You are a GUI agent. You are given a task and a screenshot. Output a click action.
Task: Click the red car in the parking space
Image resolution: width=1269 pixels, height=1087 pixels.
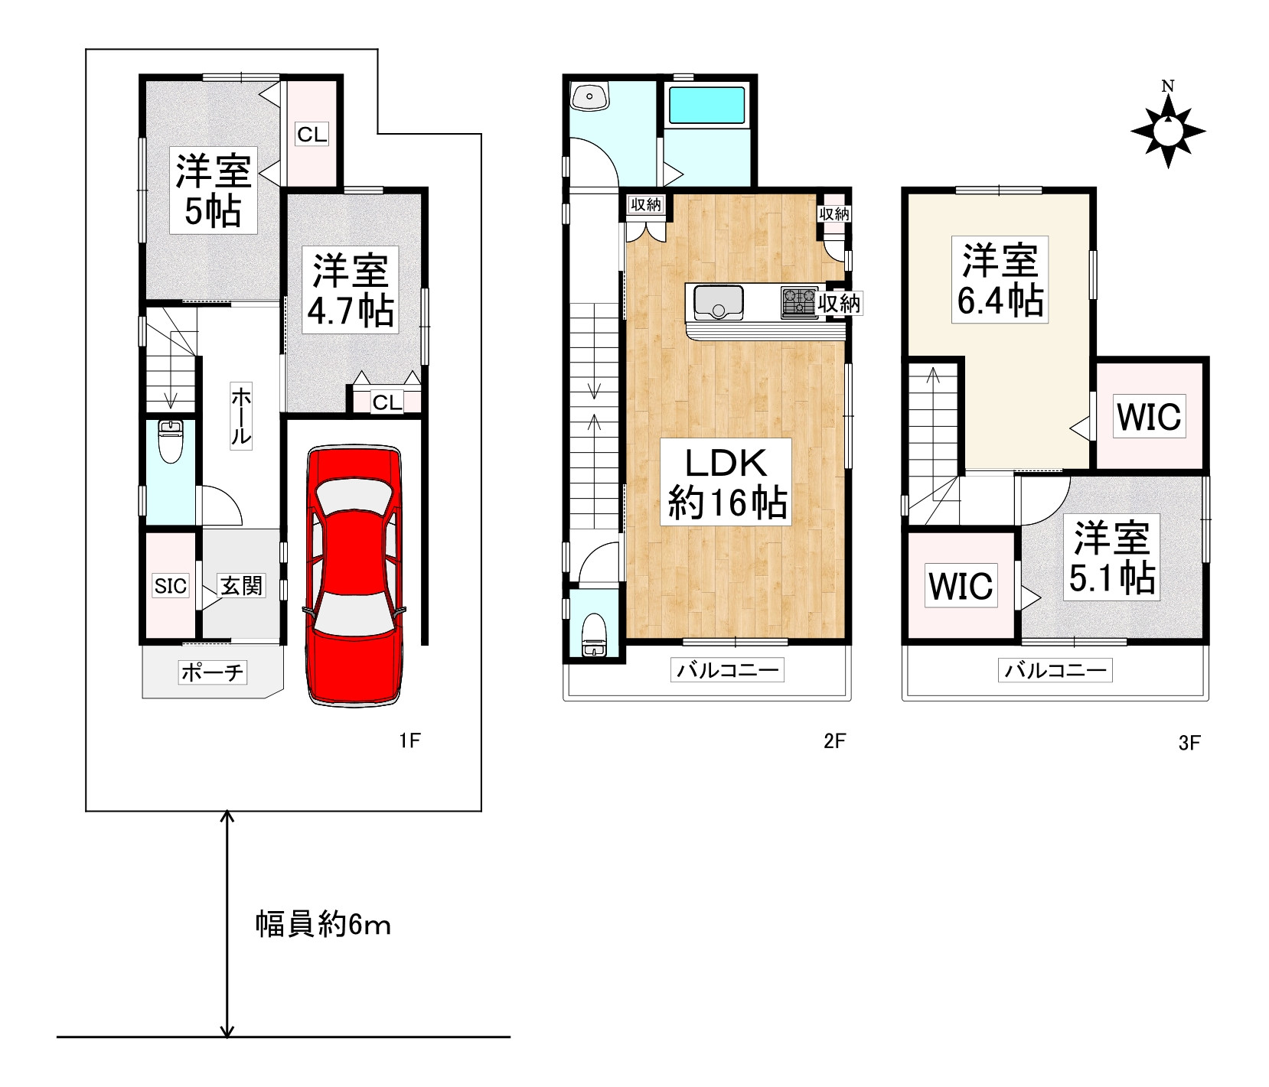[354, 575]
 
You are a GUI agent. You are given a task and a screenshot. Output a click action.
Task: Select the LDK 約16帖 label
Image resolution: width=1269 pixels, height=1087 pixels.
[726, 483]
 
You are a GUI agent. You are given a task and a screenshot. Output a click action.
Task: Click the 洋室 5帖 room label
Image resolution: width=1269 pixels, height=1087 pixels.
[214, 190]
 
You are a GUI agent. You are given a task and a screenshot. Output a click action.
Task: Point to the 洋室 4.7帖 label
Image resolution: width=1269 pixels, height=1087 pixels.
[351, 289]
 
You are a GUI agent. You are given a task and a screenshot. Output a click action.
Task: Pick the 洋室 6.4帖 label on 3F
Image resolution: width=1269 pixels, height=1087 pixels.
[1000, 279]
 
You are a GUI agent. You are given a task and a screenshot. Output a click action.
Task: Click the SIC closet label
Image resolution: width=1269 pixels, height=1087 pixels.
[171, 586]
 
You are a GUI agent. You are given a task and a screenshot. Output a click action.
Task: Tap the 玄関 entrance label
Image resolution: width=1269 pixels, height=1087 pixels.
[241, 586]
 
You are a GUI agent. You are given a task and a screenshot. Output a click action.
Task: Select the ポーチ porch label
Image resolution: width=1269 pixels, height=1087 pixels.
[213, 672]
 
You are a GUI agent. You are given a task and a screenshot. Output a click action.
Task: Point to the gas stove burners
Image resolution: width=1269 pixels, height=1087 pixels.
[799, 301]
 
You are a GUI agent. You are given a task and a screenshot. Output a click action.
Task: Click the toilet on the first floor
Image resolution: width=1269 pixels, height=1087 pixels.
[170, 442]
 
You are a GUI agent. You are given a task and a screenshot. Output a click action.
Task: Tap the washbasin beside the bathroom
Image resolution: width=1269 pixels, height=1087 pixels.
[590, 96]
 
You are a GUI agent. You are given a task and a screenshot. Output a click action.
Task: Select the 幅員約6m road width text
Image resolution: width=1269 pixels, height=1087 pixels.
[323, 925]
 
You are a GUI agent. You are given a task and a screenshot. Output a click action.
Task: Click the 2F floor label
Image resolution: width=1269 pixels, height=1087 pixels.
[834, 740]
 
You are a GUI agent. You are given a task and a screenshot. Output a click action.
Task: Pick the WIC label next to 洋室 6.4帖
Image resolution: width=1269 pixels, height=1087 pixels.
[1149, 417]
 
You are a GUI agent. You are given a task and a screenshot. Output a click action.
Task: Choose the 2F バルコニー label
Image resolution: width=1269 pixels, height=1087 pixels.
[727, 671]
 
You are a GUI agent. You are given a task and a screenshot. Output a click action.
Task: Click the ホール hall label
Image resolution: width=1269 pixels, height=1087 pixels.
[240, 417]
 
